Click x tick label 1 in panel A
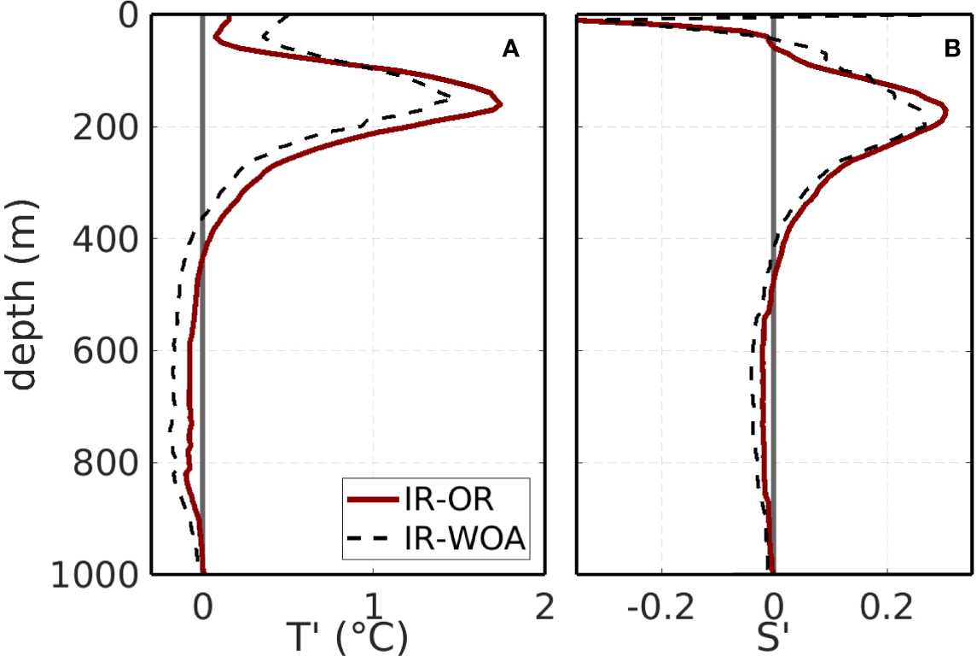coord(373,607)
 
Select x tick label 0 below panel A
coord(202,607)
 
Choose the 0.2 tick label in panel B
coord(887,607)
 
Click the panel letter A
coord(509,50)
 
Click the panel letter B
coord(952,50)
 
